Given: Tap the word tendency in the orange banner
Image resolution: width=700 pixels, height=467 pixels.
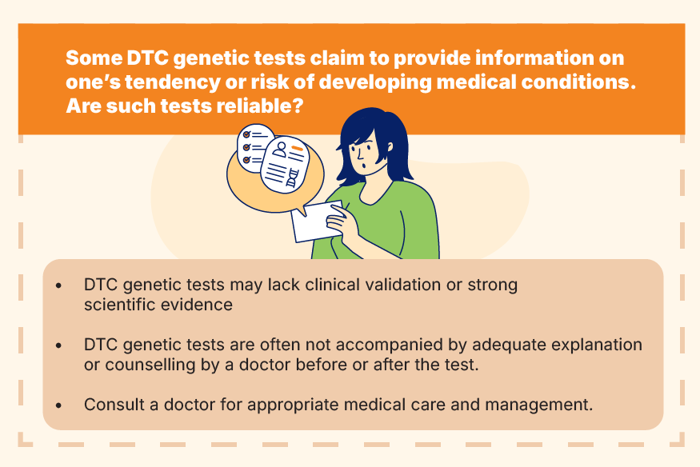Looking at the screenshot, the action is tap(172, 82).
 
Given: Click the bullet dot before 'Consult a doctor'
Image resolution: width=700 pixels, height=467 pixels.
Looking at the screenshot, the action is tap(59, 405).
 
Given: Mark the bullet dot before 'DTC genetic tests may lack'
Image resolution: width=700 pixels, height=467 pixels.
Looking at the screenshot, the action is tap(59, 285).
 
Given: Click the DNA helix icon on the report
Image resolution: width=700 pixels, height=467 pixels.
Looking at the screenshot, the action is tap(292, 178).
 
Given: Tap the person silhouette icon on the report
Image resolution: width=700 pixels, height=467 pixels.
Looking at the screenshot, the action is tap(280, 150).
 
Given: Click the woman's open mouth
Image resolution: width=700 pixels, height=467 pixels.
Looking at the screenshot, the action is tap(365, 166).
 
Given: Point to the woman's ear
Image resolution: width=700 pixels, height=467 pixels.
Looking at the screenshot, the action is tap(390, 147).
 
